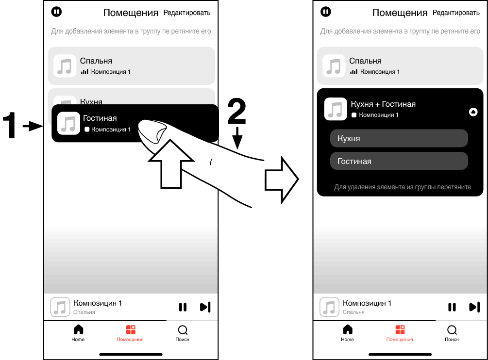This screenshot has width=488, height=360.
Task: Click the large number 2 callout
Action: (x=236, y=113)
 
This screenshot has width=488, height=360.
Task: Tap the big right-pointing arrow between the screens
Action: (x=281, y=179)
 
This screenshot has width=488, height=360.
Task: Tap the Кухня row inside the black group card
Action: (x=399, y=138)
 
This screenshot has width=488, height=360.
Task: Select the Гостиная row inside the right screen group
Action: (x=399, y=161)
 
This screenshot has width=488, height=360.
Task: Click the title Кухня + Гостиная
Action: (x=383, y=104)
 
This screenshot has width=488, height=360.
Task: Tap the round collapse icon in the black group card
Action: (x=473, y=112)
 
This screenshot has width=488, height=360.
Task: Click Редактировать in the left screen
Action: (x=187, y=13)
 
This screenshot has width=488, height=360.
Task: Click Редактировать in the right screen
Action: (x=456, y=13)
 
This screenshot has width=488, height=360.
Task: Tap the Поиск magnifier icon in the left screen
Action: (x=183, y=330)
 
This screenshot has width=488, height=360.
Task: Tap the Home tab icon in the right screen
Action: (x=348, y=330)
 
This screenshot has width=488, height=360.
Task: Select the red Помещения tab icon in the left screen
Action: (x=131, y=330)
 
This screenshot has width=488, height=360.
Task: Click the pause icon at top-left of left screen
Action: (x=56, y=11)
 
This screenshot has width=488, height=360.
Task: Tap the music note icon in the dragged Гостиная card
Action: (x=68, y=123)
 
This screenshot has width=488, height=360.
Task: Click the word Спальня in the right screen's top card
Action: (x=365, y=61)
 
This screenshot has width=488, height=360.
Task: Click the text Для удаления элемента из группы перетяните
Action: (x=403, y=187)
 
